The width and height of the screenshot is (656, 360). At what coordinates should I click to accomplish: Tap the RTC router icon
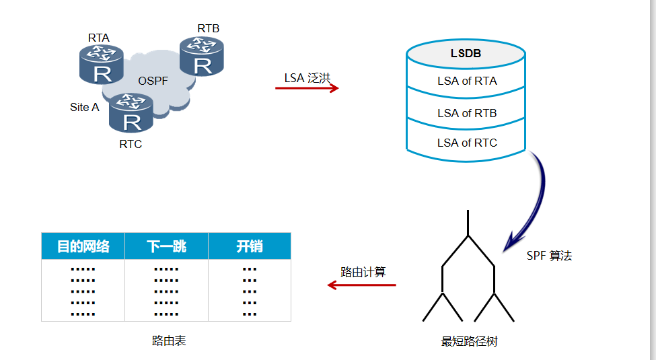(132, 112)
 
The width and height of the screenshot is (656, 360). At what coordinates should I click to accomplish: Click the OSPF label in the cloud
(153, 81)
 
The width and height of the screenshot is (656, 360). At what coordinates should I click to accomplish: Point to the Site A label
(84, 107)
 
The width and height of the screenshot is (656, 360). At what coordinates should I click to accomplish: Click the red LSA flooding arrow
(307, 88)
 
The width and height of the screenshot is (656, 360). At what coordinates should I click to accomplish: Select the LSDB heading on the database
(466, 53)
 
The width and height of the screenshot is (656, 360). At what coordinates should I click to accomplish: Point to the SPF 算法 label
(549, 256)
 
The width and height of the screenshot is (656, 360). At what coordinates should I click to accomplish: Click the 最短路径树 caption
(469, 342)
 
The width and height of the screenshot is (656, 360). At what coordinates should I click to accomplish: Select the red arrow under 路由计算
(361, 285)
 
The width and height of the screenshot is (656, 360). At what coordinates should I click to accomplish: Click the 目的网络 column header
(83, 246)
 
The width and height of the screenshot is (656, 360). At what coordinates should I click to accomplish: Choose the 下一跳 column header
(166, 246)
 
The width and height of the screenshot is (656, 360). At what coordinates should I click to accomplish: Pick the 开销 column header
(249, 246)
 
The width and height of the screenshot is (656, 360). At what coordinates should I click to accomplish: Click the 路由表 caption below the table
(169, 341)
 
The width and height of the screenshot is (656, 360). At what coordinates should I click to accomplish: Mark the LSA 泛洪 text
(307, 77)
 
